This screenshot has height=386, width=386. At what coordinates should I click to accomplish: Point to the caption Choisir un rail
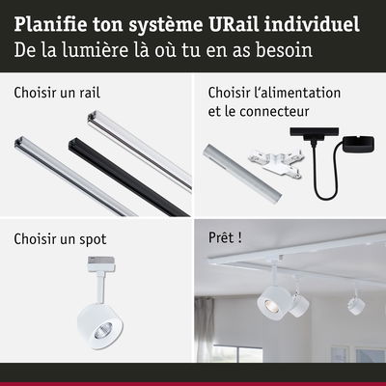pyautogui.click(x=57, y=94)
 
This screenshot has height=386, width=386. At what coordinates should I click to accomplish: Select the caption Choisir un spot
pyautogui.click(x=60, y=238)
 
